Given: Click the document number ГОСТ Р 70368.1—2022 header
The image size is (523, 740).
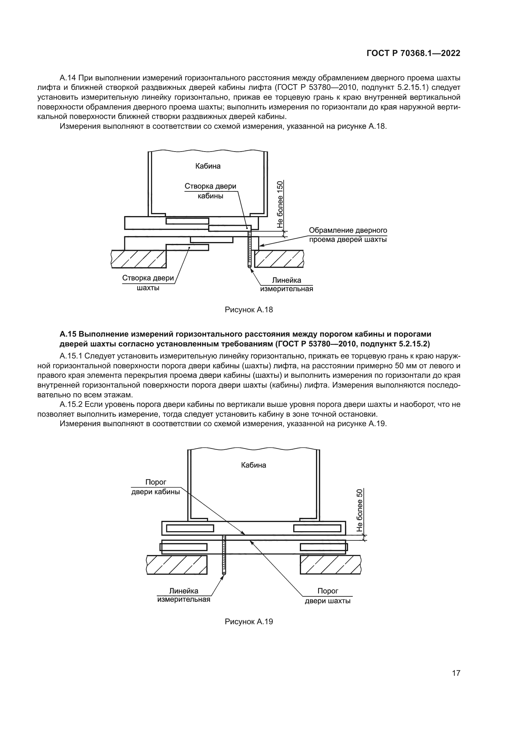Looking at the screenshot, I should (x=413, y=53).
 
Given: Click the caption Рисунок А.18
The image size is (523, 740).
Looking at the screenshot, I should (x=249, y=310).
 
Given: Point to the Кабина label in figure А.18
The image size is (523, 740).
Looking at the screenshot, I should (x=208, y=166).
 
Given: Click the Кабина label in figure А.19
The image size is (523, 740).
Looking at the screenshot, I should (x=254, y=465).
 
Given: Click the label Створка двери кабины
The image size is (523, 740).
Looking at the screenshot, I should (x=210, y=191).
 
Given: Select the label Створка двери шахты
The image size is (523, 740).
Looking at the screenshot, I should (x=148, y=283).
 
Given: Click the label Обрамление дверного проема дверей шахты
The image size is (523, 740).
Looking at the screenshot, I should (x=348, y=235).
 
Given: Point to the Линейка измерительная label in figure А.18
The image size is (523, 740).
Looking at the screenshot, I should (x=286, y=284).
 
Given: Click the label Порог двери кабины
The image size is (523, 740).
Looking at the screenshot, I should (x=156, y=487).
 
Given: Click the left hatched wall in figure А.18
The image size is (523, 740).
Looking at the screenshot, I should (x=139, y=259).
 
